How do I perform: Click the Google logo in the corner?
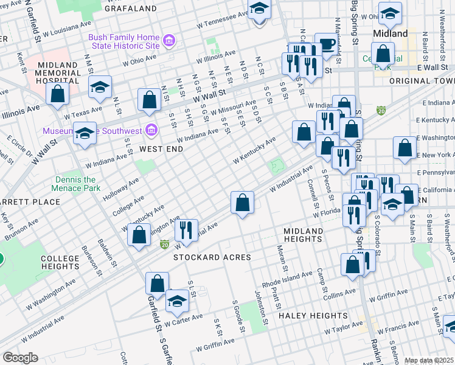tap(21, 358)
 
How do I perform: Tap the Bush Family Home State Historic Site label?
tap(124, 41)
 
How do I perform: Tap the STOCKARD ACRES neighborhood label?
tap(212, 257)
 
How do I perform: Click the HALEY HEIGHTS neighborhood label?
tap(313, 316)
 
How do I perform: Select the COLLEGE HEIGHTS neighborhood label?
tap(60, 263)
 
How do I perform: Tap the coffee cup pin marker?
tap(327, 44)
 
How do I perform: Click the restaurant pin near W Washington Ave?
tap(186, 231)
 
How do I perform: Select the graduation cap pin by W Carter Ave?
tap(177, 301)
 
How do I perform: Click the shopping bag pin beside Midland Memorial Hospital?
tap(57, 94)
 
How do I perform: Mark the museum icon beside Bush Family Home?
tap(170, 41)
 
